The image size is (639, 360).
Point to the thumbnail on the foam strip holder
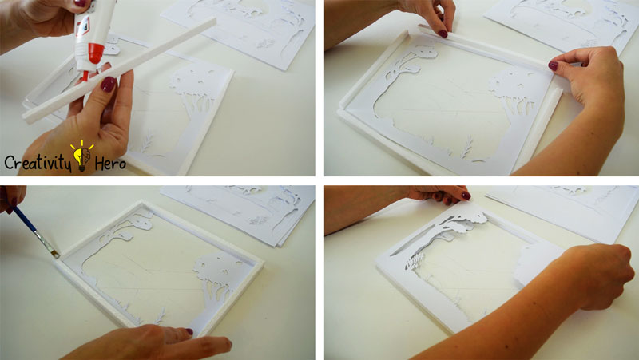point(108,85)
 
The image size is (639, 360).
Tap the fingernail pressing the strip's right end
point(553,65)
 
